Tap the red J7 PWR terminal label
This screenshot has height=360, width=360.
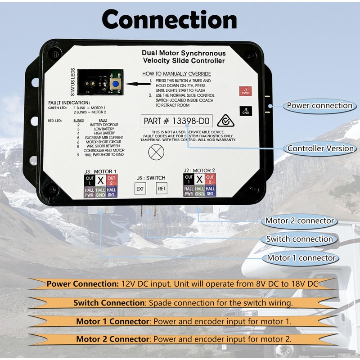[x=245, y=90]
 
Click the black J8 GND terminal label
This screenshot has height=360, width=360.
[x=245, y=110]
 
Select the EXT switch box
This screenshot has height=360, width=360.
[x=140, y=189]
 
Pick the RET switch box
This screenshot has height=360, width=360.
[x=161, y=189]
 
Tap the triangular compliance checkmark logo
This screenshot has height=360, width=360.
[x=225, y=121]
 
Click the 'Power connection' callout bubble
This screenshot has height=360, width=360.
[x=319, y=106]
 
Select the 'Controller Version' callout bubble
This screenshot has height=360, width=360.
[x=320, y=148]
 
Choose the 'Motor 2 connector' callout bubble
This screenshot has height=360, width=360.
[x=299, y=220]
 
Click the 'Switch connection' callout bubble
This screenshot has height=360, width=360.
[x=299, y=239]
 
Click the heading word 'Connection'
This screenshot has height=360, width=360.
[x=169, y=20]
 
